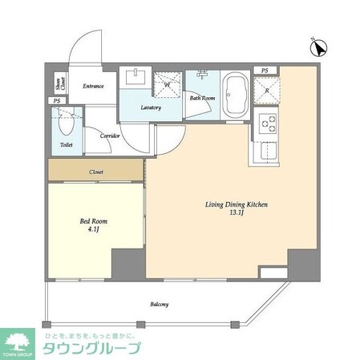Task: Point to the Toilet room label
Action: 66,145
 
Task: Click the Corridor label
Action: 110,136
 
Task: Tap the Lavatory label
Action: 151,107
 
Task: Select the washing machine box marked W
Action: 168,83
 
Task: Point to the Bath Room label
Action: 202,98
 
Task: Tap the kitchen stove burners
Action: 268,123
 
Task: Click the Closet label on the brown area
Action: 95,172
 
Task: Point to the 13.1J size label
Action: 234,214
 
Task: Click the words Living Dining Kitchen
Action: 234,204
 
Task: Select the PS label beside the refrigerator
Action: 265,71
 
